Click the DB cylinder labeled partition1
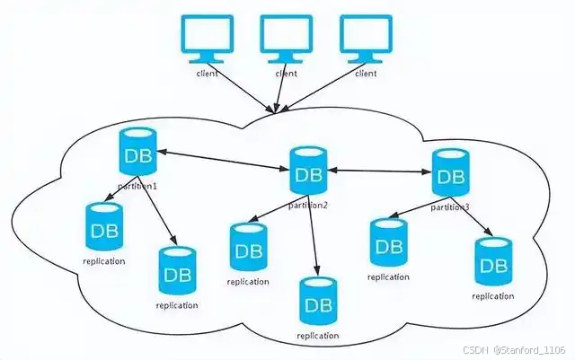click(x=137, y=154)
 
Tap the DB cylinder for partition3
click(x=449, y=173)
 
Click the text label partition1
click(x=137, y=185)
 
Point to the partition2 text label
click(x=308, y=206)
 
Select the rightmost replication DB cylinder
click(x=492, y=262)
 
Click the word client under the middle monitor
click(x=286, y=73)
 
